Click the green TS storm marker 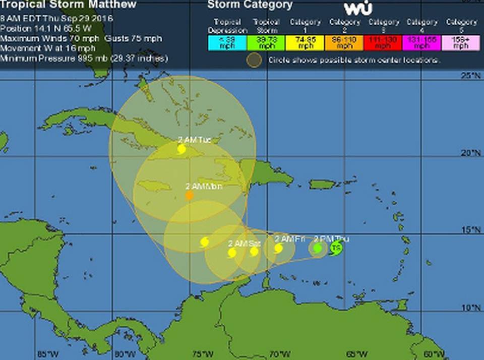[x=336, y=248]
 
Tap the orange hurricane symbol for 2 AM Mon [x=189, y=195]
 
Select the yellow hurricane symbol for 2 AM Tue [x=181, y=149]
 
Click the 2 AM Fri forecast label [x=290, y=238]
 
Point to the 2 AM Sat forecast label [x=245, y=243]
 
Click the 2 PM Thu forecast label [x=331, y=238]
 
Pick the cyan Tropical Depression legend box [x=227, y=43]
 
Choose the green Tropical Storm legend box [x=266, y=43]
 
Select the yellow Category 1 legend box [x=305, y=43]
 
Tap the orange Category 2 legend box [x=344, y=43]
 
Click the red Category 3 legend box [x=383, y=43]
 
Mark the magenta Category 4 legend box [x=422, y=43]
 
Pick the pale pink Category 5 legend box [x=461, y=43]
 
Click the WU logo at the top [x=358, y=8]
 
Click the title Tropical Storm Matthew [x=69, y=5]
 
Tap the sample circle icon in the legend [x=255, y=60]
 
